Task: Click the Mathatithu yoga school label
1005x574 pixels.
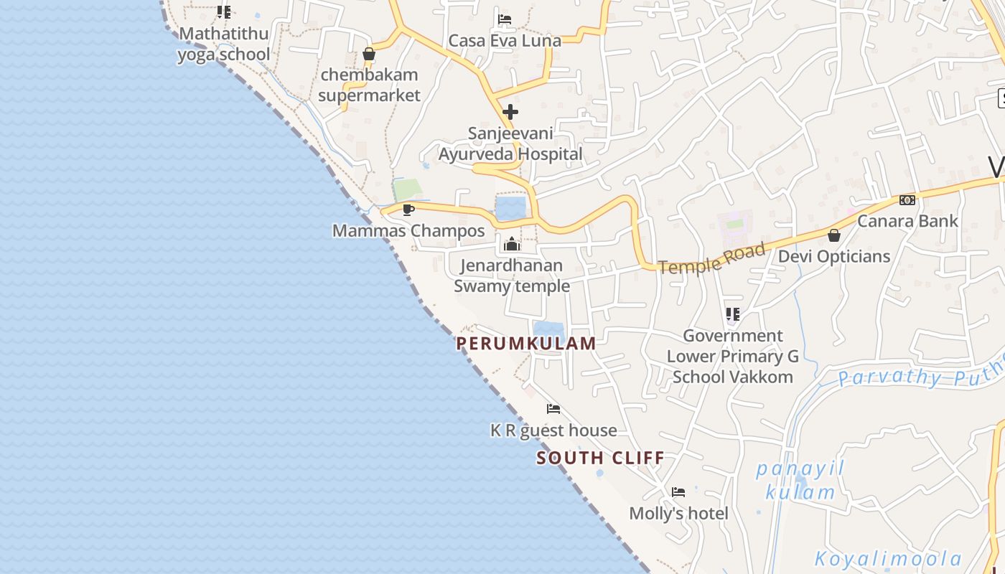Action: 223,44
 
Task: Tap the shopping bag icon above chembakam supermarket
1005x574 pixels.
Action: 369,54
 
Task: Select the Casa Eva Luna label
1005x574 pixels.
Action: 504,41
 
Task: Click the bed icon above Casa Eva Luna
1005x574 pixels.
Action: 505,19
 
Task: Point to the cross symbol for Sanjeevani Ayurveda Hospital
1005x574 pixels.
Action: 510,112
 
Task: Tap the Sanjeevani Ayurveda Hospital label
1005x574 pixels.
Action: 510,143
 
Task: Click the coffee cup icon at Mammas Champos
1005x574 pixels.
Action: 408,210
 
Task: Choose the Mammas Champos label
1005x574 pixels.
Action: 408,231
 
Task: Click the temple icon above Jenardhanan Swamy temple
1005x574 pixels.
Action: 512,245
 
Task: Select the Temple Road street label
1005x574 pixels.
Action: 711,259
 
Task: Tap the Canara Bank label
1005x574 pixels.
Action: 907,221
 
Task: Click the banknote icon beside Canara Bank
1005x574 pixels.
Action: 907,200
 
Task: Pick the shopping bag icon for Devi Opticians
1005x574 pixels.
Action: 834,235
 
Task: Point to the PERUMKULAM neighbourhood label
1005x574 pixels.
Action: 526,343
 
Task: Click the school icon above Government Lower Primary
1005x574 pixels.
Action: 732,314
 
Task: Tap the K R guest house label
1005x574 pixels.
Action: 553,430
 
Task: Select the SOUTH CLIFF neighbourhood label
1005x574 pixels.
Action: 600,458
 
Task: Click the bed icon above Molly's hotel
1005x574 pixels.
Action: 678,492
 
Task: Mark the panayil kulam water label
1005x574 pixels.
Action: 800,481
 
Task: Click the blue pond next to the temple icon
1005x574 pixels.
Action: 510,208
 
